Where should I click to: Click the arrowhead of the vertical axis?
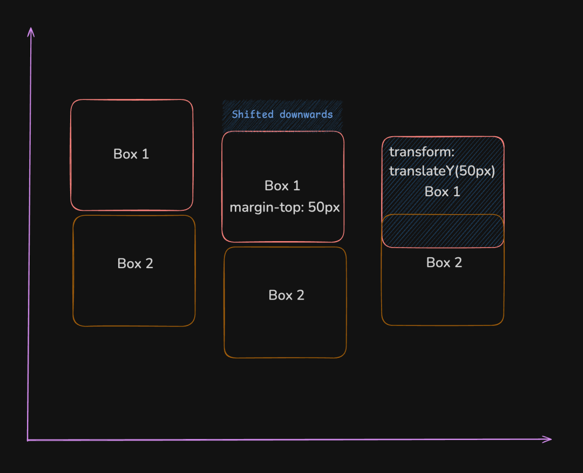(30, 30)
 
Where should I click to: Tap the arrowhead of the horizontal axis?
(549, 439)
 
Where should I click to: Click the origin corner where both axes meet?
(28, 440)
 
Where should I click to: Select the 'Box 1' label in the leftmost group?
(131, 154)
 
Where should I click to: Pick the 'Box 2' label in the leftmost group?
(135, 263)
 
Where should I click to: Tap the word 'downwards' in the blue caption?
(306, 115)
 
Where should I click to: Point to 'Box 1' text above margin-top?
(282, 186)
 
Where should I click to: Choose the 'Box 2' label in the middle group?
(286, 295)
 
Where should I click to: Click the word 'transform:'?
(422, 152)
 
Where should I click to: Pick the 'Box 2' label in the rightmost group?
(444, 263)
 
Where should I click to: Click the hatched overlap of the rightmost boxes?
(443, 231)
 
